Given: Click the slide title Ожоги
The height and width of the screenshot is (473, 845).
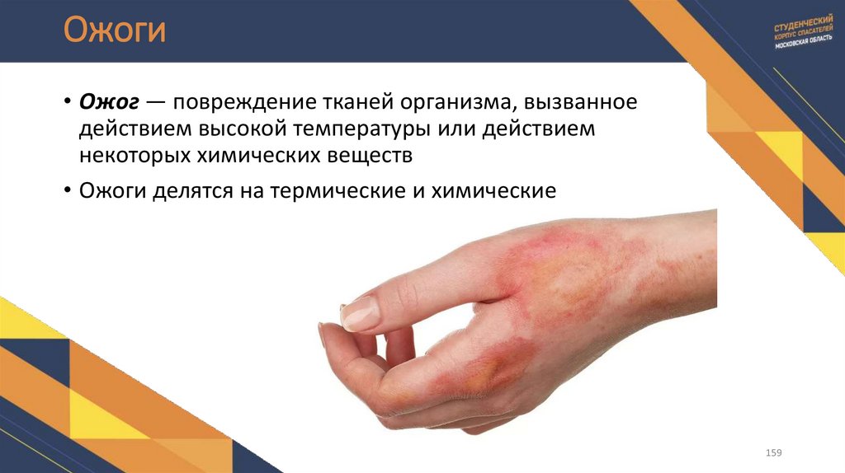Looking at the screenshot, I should click(x=116, y=32).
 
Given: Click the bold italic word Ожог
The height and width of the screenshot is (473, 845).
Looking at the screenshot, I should click(x=108, y=105).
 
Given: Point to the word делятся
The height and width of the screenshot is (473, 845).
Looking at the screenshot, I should click(x=189, y=190).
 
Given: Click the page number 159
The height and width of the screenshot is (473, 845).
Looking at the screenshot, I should click(x=773, y=453).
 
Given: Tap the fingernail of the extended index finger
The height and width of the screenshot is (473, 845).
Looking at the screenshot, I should click(x=360, y=314).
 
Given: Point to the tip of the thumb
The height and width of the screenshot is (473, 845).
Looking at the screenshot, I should click(x=324, y=332).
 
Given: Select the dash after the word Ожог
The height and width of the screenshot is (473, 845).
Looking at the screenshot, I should click(x=155, y=105).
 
